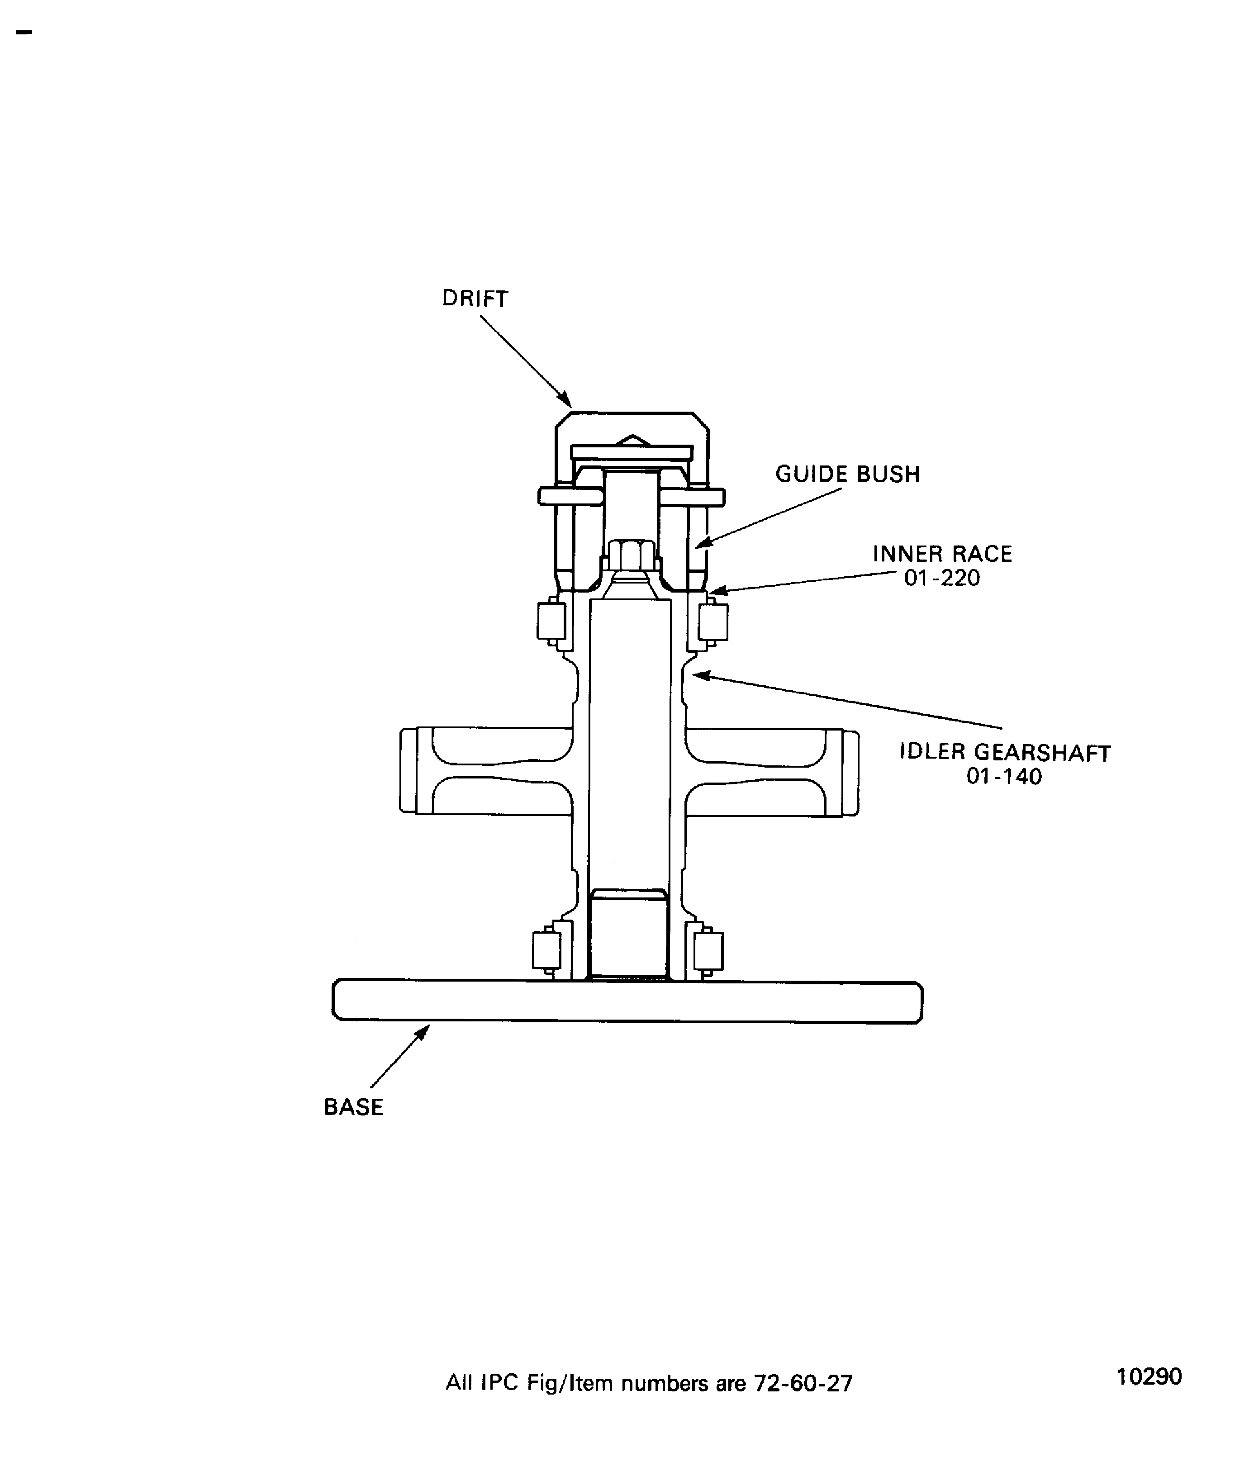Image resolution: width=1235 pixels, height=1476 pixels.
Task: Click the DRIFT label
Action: [x=475, y=298]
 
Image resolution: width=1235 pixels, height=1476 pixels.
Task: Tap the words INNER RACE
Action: [x=943, y=554]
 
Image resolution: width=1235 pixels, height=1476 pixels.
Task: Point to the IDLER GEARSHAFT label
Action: [x=1005, y=752]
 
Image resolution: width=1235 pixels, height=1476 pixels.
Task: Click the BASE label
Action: [x=354, y=1107]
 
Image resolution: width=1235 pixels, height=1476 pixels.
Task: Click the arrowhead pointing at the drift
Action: [x=565, y=399]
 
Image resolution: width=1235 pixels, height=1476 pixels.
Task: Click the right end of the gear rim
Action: [x=850, y=773]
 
